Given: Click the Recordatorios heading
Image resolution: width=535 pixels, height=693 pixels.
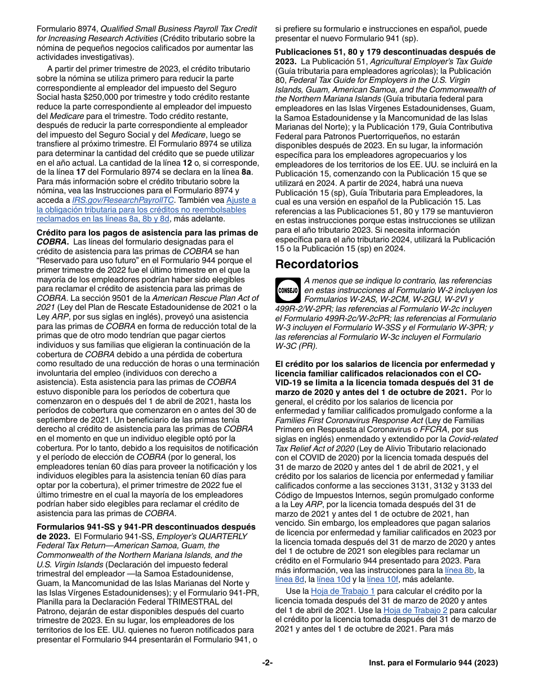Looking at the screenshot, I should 316,264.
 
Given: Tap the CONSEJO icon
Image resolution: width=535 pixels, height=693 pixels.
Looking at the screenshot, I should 288,290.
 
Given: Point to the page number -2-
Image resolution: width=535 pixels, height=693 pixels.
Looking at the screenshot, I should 267,663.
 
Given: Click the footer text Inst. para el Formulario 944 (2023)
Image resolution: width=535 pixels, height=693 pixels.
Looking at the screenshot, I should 433,663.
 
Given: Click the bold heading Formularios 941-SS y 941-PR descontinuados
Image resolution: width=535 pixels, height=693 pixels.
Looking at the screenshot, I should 146,527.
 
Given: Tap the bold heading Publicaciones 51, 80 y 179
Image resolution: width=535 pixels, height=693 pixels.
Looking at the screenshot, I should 385,52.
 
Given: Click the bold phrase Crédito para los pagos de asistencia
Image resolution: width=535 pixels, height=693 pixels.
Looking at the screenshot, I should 148,233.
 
